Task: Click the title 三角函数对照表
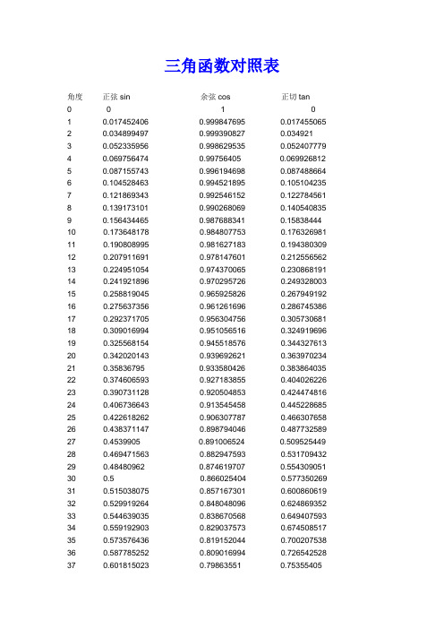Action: pos(222,65)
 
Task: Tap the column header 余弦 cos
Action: pos(217,96)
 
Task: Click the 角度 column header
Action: pos(74,96)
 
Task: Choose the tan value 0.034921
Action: pos(295,133)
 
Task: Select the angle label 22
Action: pos(72,380)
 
